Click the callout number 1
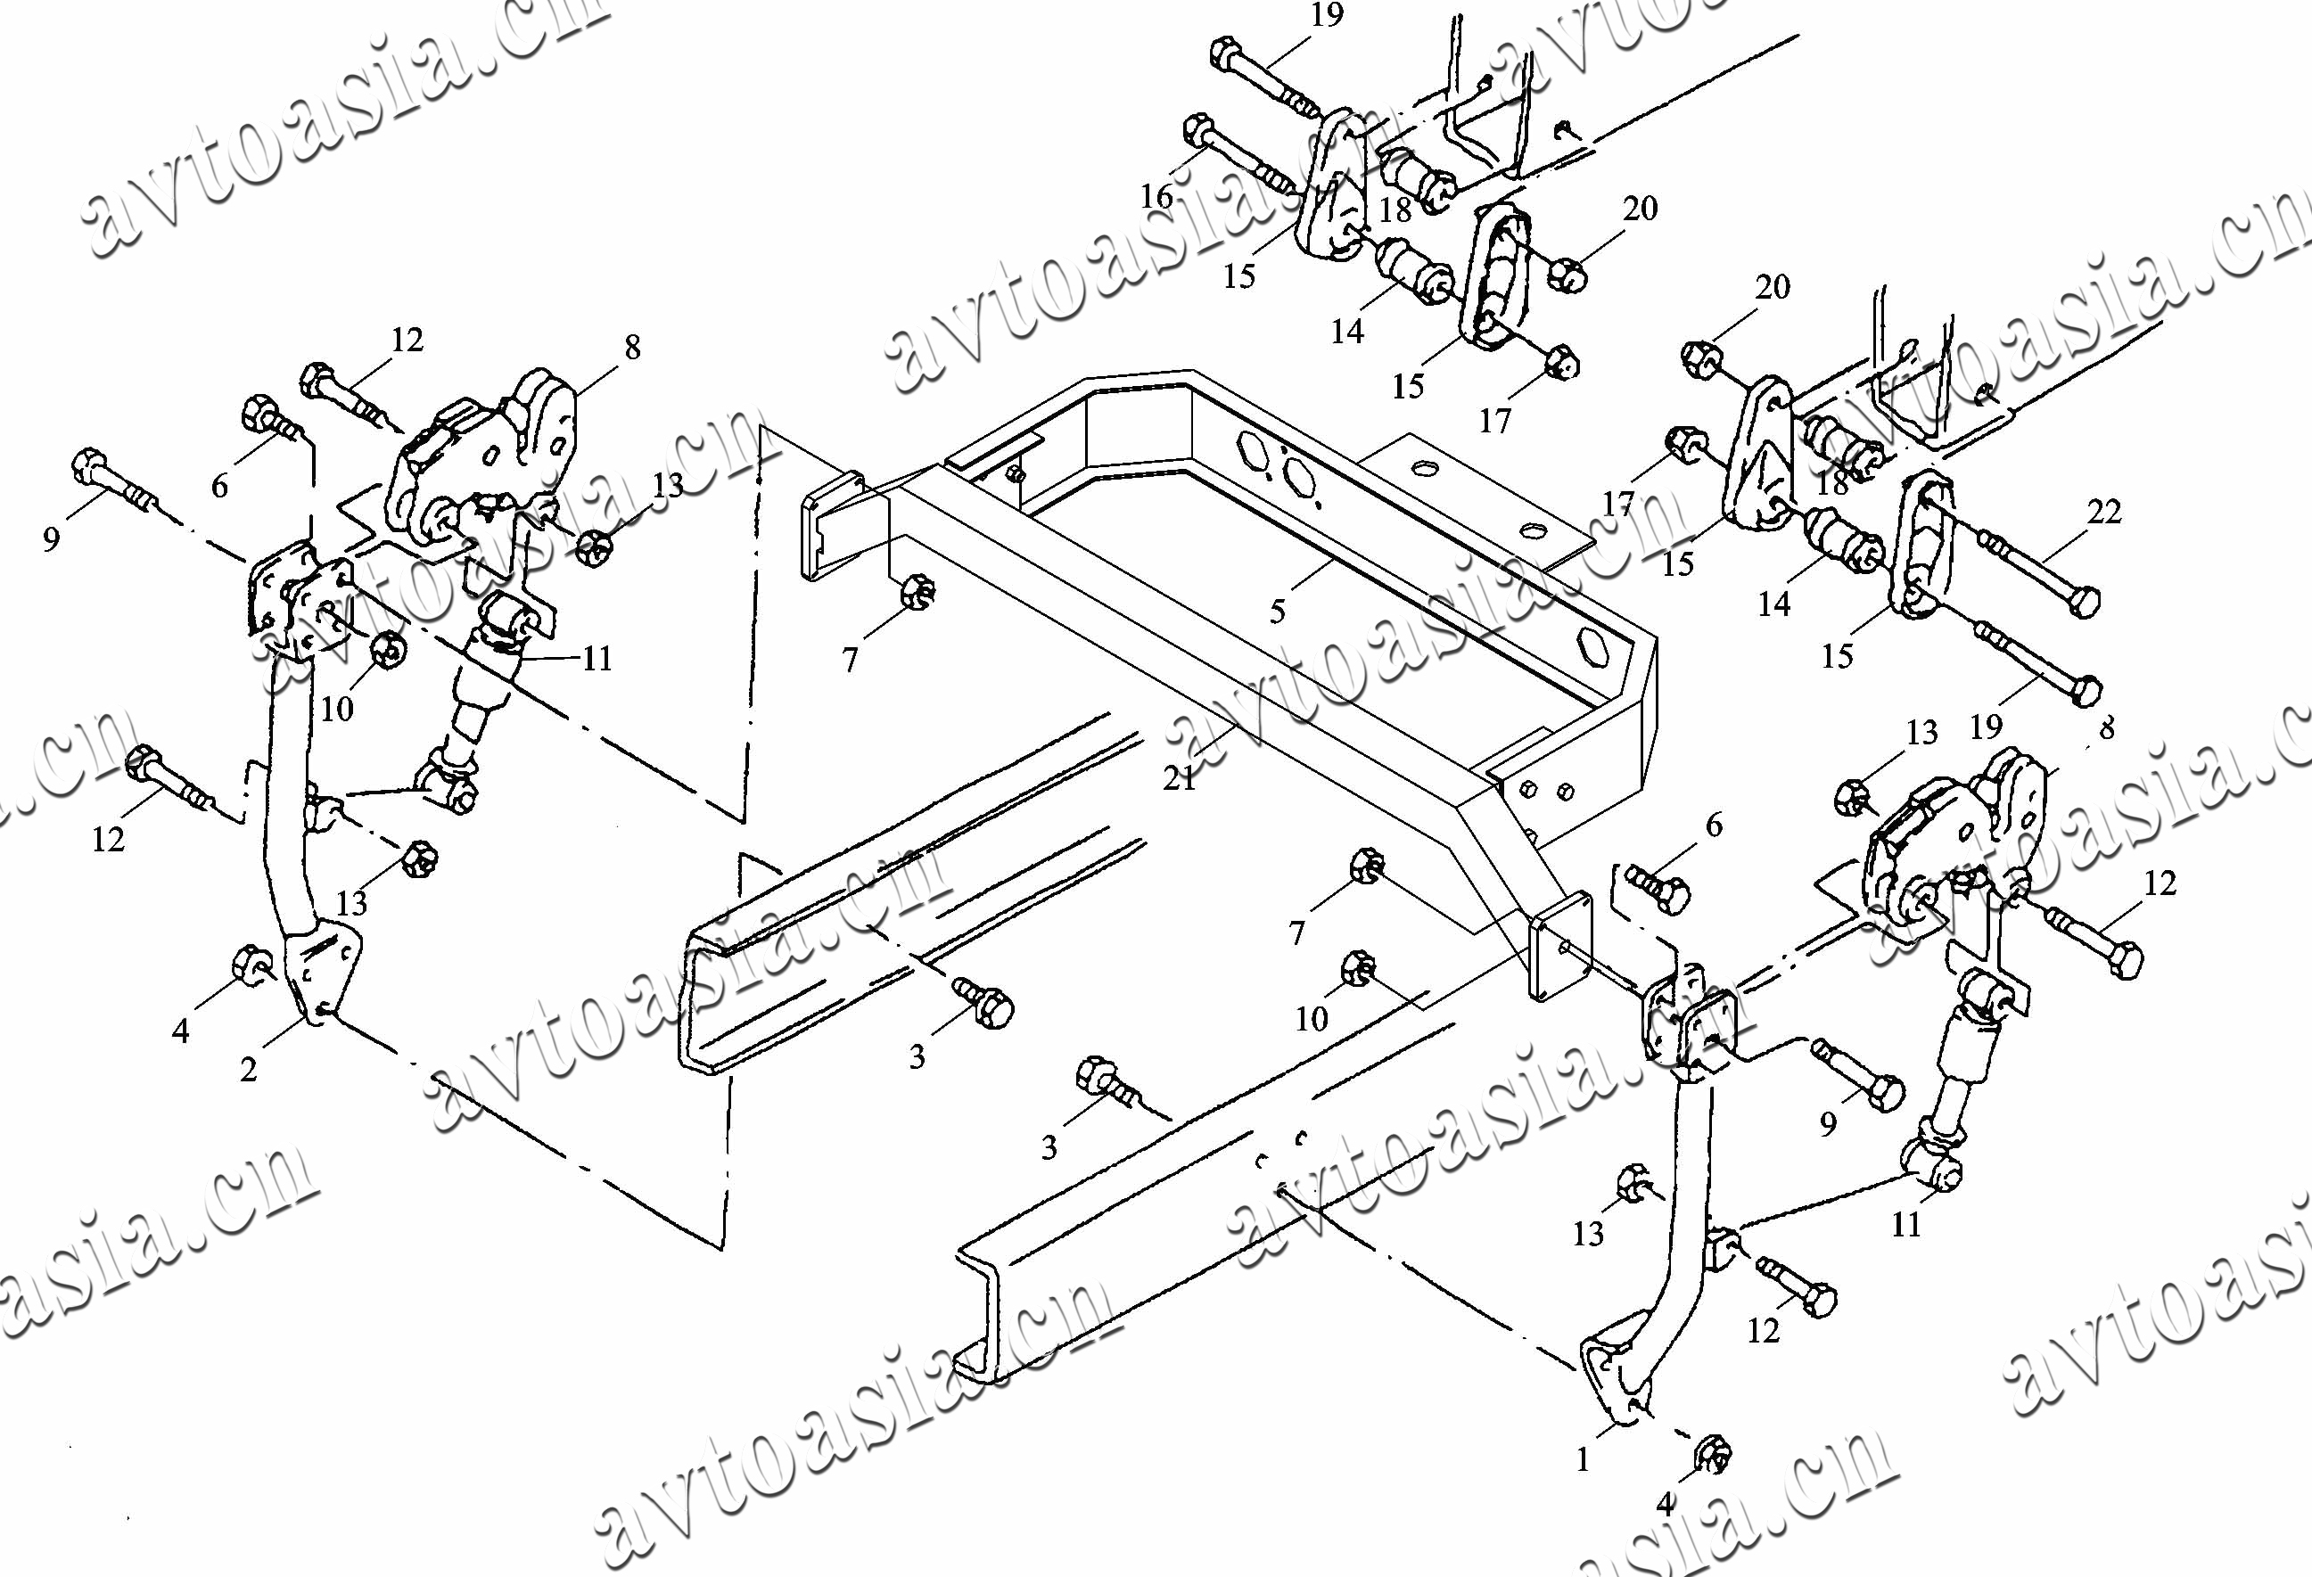click(1582, 1459)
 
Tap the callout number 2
click(249, 1070)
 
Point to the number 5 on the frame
click(1279, 611)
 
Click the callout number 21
click(1180, 777)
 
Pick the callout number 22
click(2104, 512)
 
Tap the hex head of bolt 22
click(2082, 602)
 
